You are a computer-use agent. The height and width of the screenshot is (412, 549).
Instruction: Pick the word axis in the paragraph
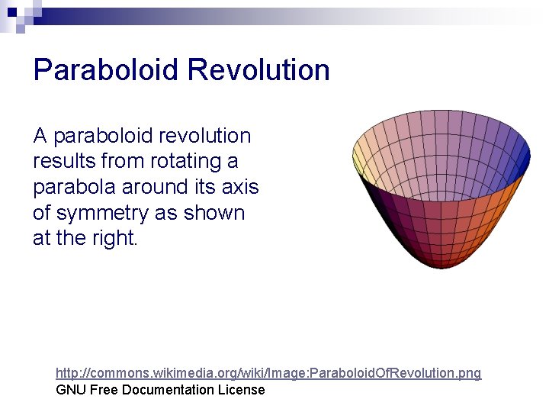tap(240, 187)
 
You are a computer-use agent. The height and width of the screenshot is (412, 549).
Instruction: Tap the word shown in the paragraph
tap(214, 213)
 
